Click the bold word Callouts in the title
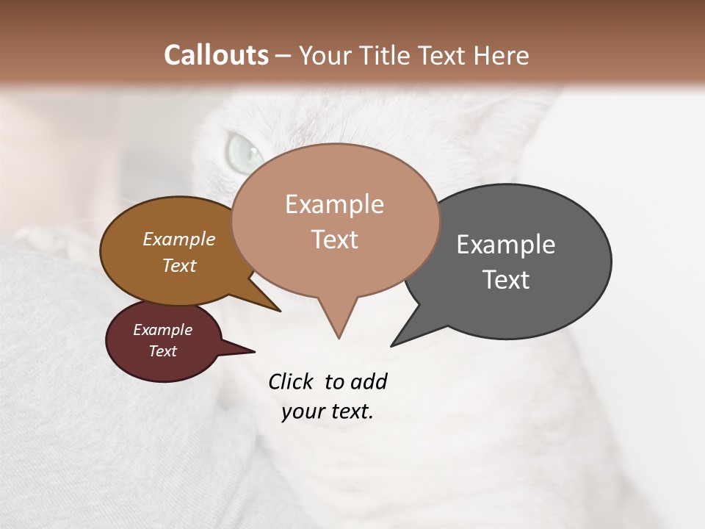click(x=216, y=55)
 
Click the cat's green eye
click(x=245, y=151)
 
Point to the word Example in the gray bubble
click(x=505, y=245)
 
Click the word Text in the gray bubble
click(x=505, y=280)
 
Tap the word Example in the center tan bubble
click(x=334, y=204)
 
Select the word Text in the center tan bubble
click(x=334, y=240)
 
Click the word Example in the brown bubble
click(x=179, y=240)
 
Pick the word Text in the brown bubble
click(x=179, y=265)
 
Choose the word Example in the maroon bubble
click(x=162, y=330)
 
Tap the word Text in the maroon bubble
click(x=162, y=351)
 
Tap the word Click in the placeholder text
click(x=291, y=382)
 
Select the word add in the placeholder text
click(x=368, y=382)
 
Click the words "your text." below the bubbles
click(x=328, y=411)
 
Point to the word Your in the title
click(x=325, y=55)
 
